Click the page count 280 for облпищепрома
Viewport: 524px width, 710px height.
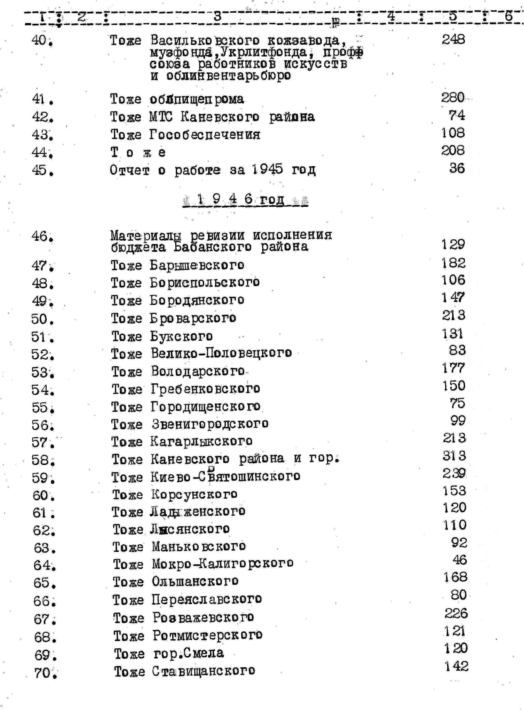point(453,98)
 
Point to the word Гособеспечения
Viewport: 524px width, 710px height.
point(205,135)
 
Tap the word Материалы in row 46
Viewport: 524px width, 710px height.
point(146,236)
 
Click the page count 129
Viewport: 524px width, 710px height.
point(453,245)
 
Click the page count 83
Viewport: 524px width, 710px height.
point(457,350)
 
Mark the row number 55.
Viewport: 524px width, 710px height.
point(43,408)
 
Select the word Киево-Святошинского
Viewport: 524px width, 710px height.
point(225,477)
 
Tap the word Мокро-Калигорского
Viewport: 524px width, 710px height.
point(222,563)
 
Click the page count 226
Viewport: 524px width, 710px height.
point(456,613)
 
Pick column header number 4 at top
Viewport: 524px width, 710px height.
point(391,16)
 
